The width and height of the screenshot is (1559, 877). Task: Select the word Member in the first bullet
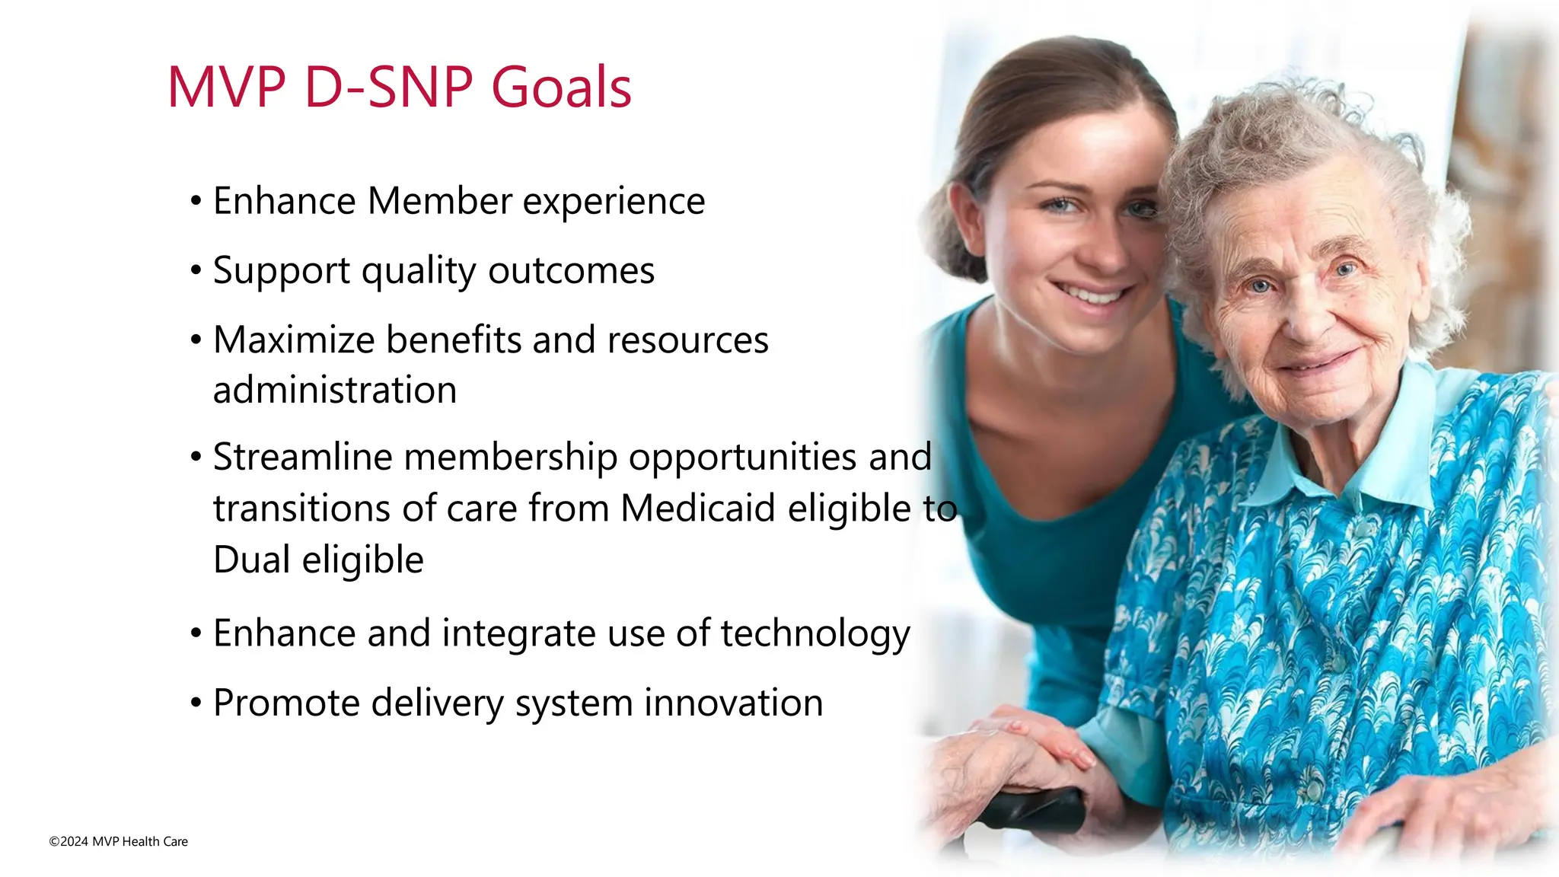tap(439, 202)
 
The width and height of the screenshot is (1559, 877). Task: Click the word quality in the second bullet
tap(418, 272)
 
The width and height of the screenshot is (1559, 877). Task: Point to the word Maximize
tap(293, 340)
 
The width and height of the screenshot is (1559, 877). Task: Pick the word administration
tap(335, 391)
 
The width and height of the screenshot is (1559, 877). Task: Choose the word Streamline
tap(301, 458)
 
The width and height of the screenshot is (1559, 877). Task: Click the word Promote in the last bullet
tap(286, 703)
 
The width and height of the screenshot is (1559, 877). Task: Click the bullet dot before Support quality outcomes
tap(196, 271)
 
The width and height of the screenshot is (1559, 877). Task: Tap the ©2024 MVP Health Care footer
tap(119, 841)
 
